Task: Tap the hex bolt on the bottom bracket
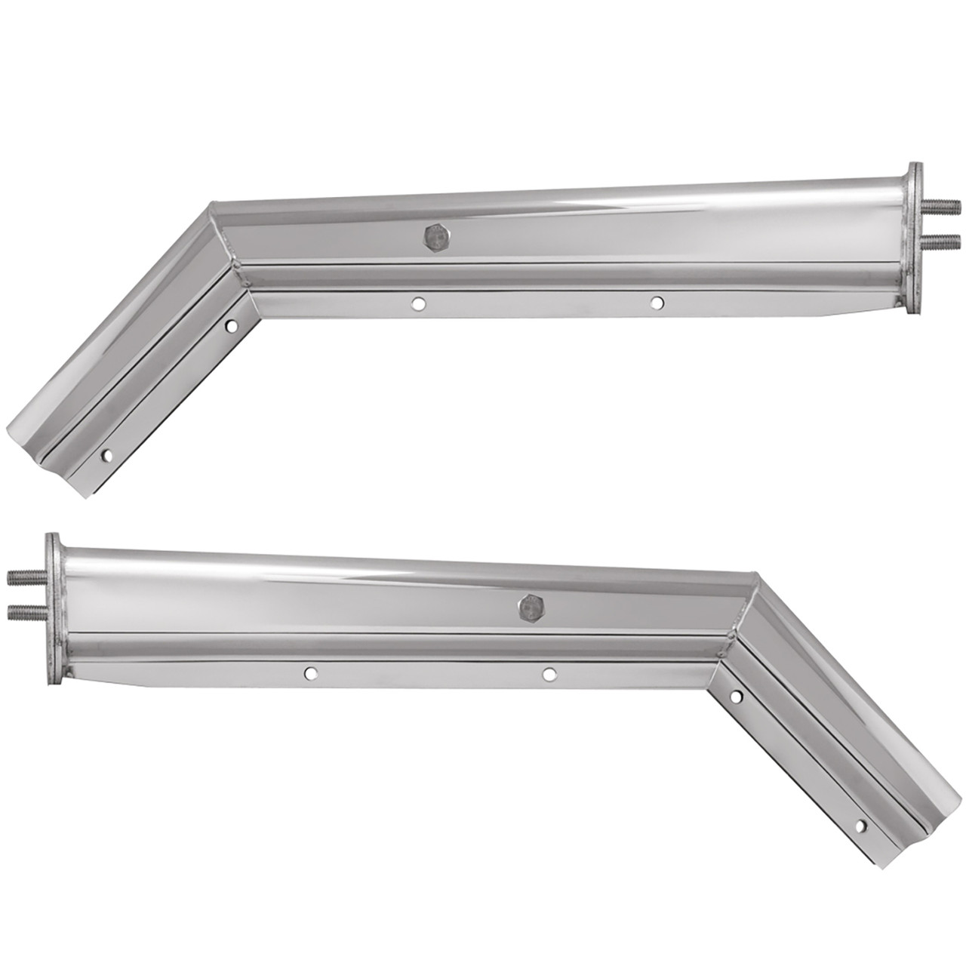point(531,604)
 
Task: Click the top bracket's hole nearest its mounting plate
point(657,303)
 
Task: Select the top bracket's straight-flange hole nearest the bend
point(417,304)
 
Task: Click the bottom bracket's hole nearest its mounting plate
point(309,672)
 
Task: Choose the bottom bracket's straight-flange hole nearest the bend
point(549,672)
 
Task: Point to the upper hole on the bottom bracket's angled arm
point(736,695)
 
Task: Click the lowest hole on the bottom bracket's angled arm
point(859,827)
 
